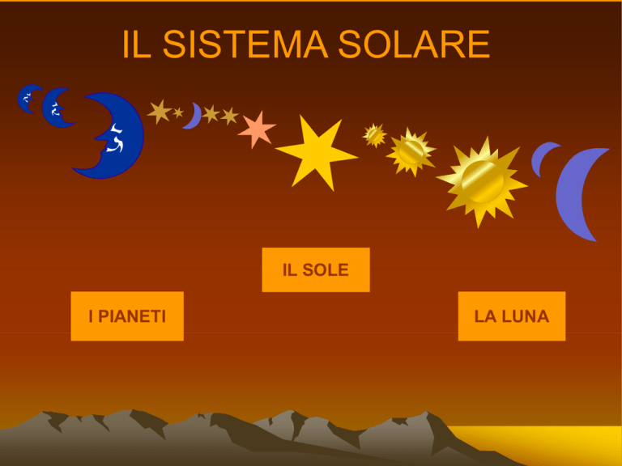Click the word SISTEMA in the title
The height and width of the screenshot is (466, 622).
click(x=245, y=44)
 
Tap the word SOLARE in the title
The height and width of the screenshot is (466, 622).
click(x=414, y=44)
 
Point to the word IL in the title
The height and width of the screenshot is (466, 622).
click(x=136, y=44)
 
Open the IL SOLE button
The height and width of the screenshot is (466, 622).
click(x=316, y=270)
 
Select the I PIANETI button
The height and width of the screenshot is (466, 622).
click(x=127, y=316)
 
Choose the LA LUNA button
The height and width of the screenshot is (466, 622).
click(x=512, y=316)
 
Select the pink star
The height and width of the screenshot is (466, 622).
click(x=257, y=129)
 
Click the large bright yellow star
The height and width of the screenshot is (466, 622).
click(x=316, y=154)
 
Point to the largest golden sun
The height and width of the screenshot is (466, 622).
click(x=482, y=182)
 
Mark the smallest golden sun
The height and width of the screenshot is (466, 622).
click(x=374, y=136)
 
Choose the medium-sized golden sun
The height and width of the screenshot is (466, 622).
click(x=411, y=152)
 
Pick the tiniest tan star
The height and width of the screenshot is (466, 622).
click(x=178, y=112)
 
